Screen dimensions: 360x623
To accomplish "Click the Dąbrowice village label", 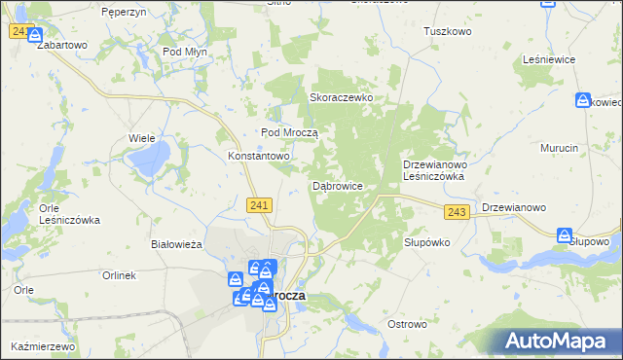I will point(337,185).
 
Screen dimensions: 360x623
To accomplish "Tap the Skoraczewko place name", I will point(342,97).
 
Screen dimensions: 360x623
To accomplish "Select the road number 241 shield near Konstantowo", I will point(258,204).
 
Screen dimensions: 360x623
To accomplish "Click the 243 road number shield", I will point(458,212).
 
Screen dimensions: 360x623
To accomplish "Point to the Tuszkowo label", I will point(448,31).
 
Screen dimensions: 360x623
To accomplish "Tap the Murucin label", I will point(560,147).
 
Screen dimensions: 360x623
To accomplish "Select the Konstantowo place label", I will point(260,156).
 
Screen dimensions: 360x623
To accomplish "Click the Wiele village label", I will point(143,138).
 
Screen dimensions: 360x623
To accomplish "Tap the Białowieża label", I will point(176,244).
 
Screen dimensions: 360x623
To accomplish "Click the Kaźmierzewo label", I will point(44,346).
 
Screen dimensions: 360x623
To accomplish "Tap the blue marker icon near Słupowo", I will point(565,235).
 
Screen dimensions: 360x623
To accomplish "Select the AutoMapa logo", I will point(558,341).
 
